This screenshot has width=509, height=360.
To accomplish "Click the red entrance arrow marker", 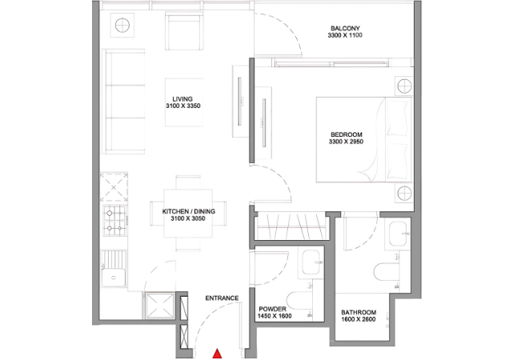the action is click(217, 354).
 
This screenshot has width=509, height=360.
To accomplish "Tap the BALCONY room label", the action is click(345, 28).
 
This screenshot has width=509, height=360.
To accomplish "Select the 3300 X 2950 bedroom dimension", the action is click(346, 142).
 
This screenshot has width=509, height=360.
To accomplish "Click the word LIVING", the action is click(182, 99).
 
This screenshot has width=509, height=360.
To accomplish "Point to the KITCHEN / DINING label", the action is click(189, 211).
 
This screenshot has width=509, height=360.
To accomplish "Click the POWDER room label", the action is click(273, 309).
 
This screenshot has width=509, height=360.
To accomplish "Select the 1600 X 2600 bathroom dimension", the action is click(359, 319).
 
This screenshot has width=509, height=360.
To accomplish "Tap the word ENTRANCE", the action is click(222, 298).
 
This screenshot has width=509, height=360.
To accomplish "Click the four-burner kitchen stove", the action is click(114, 221).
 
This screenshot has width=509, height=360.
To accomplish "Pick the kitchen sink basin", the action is click(114, 278).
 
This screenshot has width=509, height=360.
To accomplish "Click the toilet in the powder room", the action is click(299, 301).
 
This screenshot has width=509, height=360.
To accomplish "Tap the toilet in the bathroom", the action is click(387, 272).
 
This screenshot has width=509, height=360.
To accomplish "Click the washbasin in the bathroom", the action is click(398, 234).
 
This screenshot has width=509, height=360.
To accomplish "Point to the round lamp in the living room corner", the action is click(122, 26).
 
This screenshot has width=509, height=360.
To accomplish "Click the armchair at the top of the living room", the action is click(184, 31).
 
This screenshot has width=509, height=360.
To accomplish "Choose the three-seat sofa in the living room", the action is click(124, 102).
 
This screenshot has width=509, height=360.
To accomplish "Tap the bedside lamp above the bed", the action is click(404, 86).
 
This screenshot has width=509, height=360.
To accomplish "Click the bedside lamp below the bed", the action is click(404, 194).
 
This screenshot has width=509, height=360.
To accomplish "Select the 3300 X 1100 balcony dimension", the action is click(345, 35).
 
